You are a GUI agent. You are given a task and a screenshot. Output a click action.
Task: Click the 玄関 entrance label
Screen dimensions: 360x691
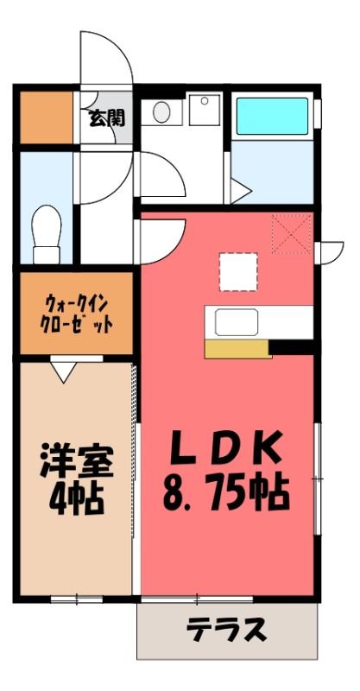(107, 118)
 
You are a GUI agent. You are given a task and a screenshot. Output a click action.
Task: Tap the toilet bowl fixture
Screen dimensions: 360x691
(47, 233)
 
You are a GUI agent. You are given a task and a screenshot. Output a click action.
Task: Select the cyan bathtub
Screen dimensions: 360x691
(272, 116)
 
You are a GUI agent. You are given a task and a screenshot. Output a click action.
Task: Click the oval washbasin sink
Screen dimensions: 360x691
(161, 112)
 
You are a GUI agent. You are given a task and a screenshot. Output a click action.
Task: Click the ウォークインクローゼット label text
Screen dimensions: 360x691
(76, 314)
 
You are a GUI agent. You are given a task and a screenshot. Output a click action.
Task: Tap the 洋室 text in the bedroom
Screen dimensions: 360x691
(77, 461)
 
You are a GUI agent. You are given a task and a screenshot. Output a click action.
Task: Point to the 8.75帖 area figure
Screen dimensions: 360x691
(226, 492)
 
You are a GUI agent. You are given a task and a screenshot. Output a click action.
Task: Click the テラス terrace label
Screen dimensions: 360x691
(226, 630)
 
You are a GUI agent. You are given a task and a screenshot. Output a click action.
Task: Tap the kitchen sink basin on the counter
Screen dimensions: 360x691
(237, 322)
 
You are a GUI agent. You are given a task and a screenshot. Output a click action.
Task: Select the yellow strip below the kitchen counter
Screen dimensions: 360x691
(238, 348)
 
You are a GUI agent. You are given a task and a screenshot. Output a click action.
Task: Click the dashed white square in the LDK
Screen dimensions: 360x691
(238, 272)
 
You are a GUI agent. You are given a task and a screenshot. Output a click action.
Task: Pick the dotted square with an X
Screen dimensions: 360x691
(291, 234)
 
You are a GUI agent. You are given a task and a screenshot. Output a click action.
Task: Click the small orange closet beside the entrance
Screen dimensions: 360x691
(47, 117)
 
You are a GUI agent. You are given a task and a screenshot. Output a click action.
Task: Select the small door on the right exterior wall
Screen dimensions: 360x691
(330, 252)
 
